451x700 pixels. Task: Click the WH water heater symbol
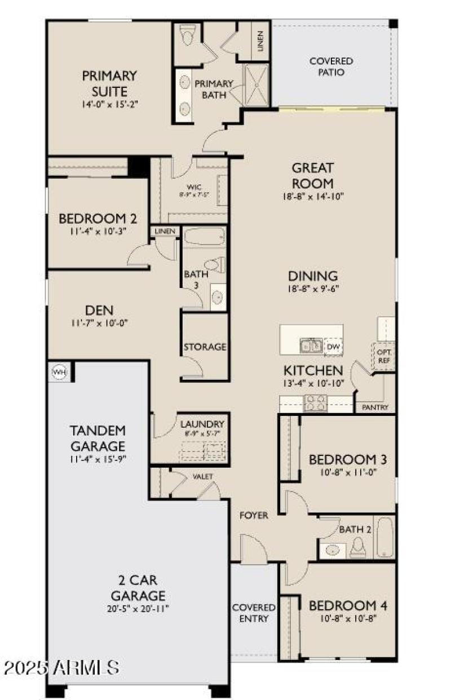(59, 371)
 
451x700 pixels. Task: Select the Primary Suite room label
(109, 83)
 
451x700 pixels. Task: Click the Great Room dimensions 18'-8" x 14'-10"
(313, 196)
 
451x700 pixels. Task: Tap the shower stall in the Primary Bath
(257, 85)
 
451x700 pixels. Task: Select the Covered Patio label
(331, 67)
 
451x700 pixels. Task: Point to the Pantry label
(374, 407)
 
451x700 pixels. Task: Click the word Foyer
(254, 515)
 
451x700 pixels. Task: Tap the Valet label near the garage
(203, 476)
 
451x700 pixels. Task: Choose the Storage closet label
(205, 347)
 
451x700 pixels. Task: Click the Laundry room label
(202, 424)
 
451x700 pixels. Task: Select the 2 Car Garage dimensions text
(138, 609)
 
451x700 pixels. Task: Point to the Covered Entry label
(254, 613)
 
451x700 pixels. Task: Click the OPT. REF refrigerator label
(386, 356)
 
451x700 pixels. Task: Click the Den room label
(99, 309)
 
